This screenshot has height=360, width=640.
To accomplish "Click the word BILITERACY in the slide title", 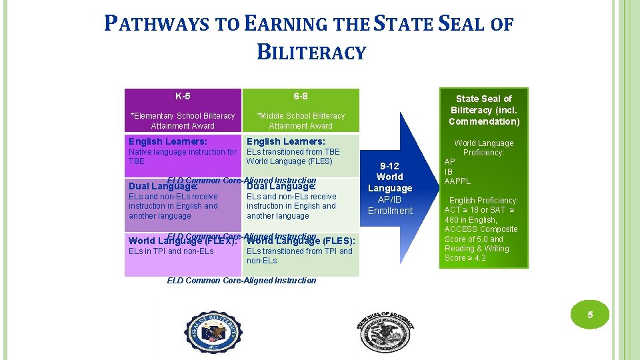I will coord(311,51).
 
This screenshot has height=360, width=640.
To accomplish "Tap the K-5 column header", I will coord(183,96).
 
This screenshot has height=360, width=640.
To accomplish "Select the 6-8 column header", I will coord(301,96).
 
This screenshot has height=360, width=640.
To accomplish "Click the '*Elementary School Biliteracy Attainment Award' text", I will coord(183,121).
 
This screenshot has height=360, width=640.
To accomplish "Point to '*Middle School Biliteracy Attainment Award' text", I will coord(301,121).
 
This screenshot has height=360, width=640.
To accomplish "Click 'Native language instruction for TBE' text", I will coord(182,156).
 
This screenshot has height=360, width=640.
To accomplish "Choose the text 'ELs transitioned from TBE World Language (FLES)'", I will coord(293,156).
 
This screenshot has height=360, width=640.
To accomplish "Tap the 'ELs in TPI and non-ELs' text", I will coord(171,251).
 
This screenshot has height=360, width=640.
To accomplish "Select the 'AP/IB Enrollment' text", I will coord(390,205).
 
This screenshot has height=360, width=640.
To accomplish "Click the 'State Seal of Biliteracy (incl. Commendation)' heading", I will coord(484,110).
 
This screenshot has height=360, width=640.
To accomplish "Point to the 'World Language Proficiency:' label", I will coord(484,147).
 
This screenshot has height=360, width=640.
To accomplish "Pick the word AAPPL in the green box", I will coord(457,181).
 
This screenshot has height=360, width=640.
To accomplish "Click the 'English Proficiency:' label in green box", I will coord(484,200).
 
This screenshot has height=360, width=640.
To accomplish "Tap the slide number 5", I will coord(590,315).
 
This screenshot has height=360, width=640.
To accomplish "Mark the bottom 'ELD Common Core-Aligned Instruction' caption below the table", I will coord(241,281).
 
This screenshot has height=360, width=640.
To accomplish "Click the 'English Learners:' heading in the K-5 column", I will coord(168,141).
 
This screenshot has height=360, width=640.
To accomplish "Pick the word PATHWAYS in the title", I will coord(158,25).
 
